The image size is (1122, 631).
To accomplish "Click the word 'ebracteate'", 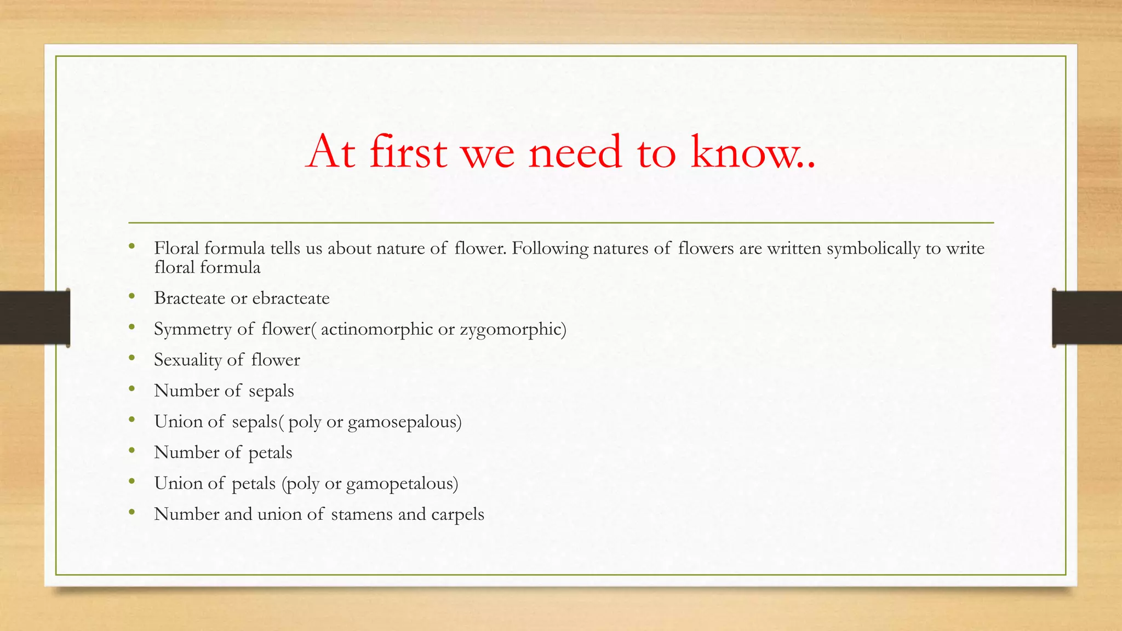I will tap(291, 299).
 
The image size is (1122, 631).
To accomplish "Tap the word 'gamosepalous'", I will tap(404, 422).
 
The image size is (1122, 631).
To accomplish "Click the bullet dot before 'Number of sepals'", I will tap(131, 389).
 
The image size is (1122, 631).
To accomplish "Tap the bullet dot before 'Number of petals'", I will tap(131, 451).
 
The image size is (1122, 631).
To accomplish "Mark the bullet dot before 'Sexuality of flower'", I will tap(131, 359).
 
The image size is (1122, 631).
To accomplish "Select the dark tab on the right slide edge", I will tap(1087, 318).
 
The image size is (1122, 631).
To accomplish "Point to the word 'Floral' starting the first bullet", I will tap(176, 249).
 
